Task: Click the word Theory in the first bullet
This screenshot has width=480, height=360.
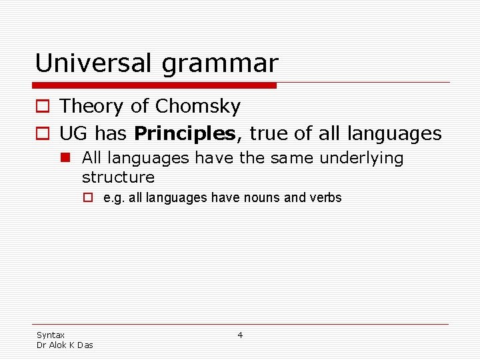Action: coord(91,107)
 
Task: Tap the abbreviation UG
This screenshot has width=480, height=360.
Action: coord(73,134)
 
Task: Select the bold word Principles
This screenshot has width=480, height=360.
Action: coord(185,134)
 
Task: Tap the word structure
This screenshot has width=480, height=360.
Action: coord(118,177)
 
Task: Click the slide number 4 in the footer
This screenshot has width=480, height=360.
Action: coord(240,335)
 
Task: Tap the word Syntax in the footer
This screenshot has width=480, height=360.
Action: coord(51,335)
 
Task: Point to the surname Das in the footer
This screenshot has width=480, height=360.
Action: coord(85,345)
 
